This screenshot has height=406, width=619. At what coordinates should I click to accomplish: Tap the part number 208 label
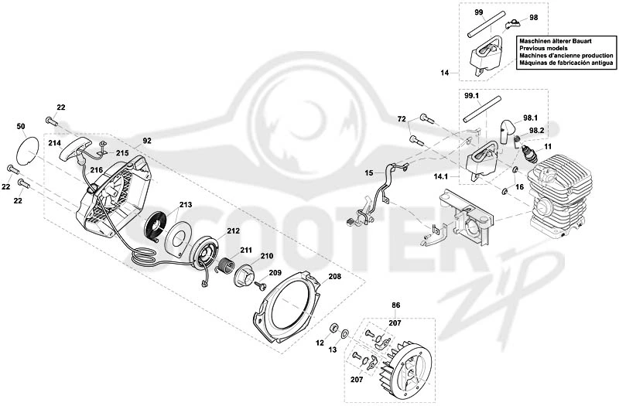click(x=335, y=276)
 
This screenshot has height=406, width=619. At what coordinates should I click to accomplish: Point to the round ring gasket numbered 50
click(x=28, y=149)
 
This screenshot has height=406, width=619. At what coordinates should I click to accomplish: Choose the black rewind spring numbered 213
click(x=158, y=227)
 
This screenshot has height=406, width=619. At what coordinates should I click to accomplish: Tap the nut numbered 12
click(x=333, y=327)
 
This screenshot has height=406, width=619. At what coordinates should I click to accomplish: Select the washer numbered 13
click(x=344, y=334)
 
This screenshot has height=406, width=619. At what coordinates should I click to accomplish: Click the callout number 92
click(x=147, y=141)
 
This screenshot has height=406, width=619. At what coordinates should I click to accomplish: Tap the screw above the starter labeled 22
click(x=52, y=121)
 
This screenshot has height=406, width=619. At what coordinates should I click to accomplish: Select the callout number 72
click(x=402, y=118)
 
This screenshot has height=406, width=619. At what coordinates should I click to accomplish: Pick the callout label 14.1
click(x=440, y=177)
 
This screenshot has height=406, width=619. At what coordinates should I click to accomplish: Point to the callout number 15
click(x=369, y=172)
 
